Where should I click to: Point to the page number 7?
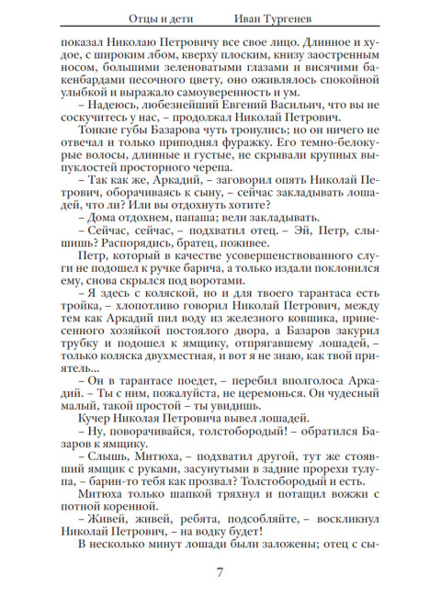point(220,574)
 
